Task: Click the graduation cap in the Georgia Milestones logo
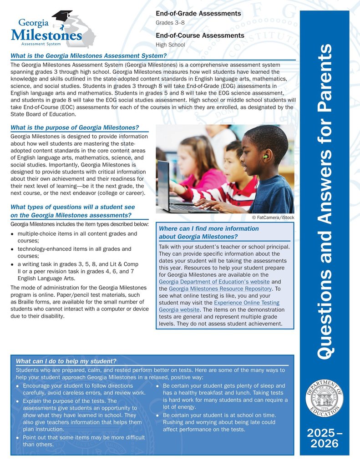pos(62,16)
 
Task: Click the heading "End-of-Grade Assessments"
pos(198,14)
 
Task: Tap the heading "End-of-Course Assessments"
pos(200,35)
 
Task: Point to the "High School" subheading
pos(170,45)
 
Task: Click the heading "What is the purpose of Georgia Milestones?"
pos(74,127)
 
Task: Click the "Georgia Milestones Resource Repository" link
pos(220,289)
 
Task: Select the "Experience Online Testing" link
pos(246,303)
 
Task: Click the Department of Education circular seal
pos(325,396)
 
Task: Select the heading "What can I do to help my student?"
pos(66,361)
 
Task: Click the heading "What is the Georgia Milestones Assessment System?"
pos(88,56)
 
